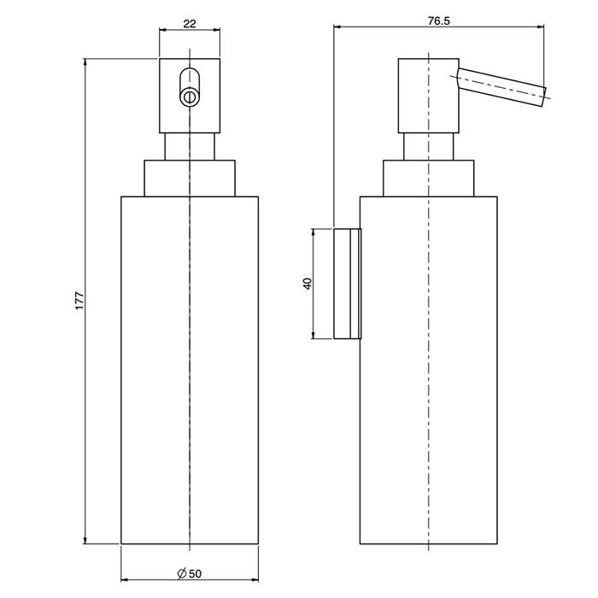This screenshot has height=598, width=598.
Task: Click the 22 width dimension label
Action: [x=190, y=24]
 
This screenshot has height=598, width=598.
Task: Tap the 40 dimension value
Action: [x=308, y=284]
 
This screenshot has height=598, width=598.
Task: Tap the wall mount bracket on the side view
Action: [x=348, y=284]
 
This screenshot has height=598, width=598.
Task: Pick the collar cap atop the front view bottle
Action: [x=190, y=179]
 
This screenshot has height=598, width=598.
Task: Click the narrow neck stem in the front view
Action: [x=190, y=146]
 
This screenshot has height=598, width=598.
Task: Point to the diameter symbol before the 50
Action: [x=181, y=573]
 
